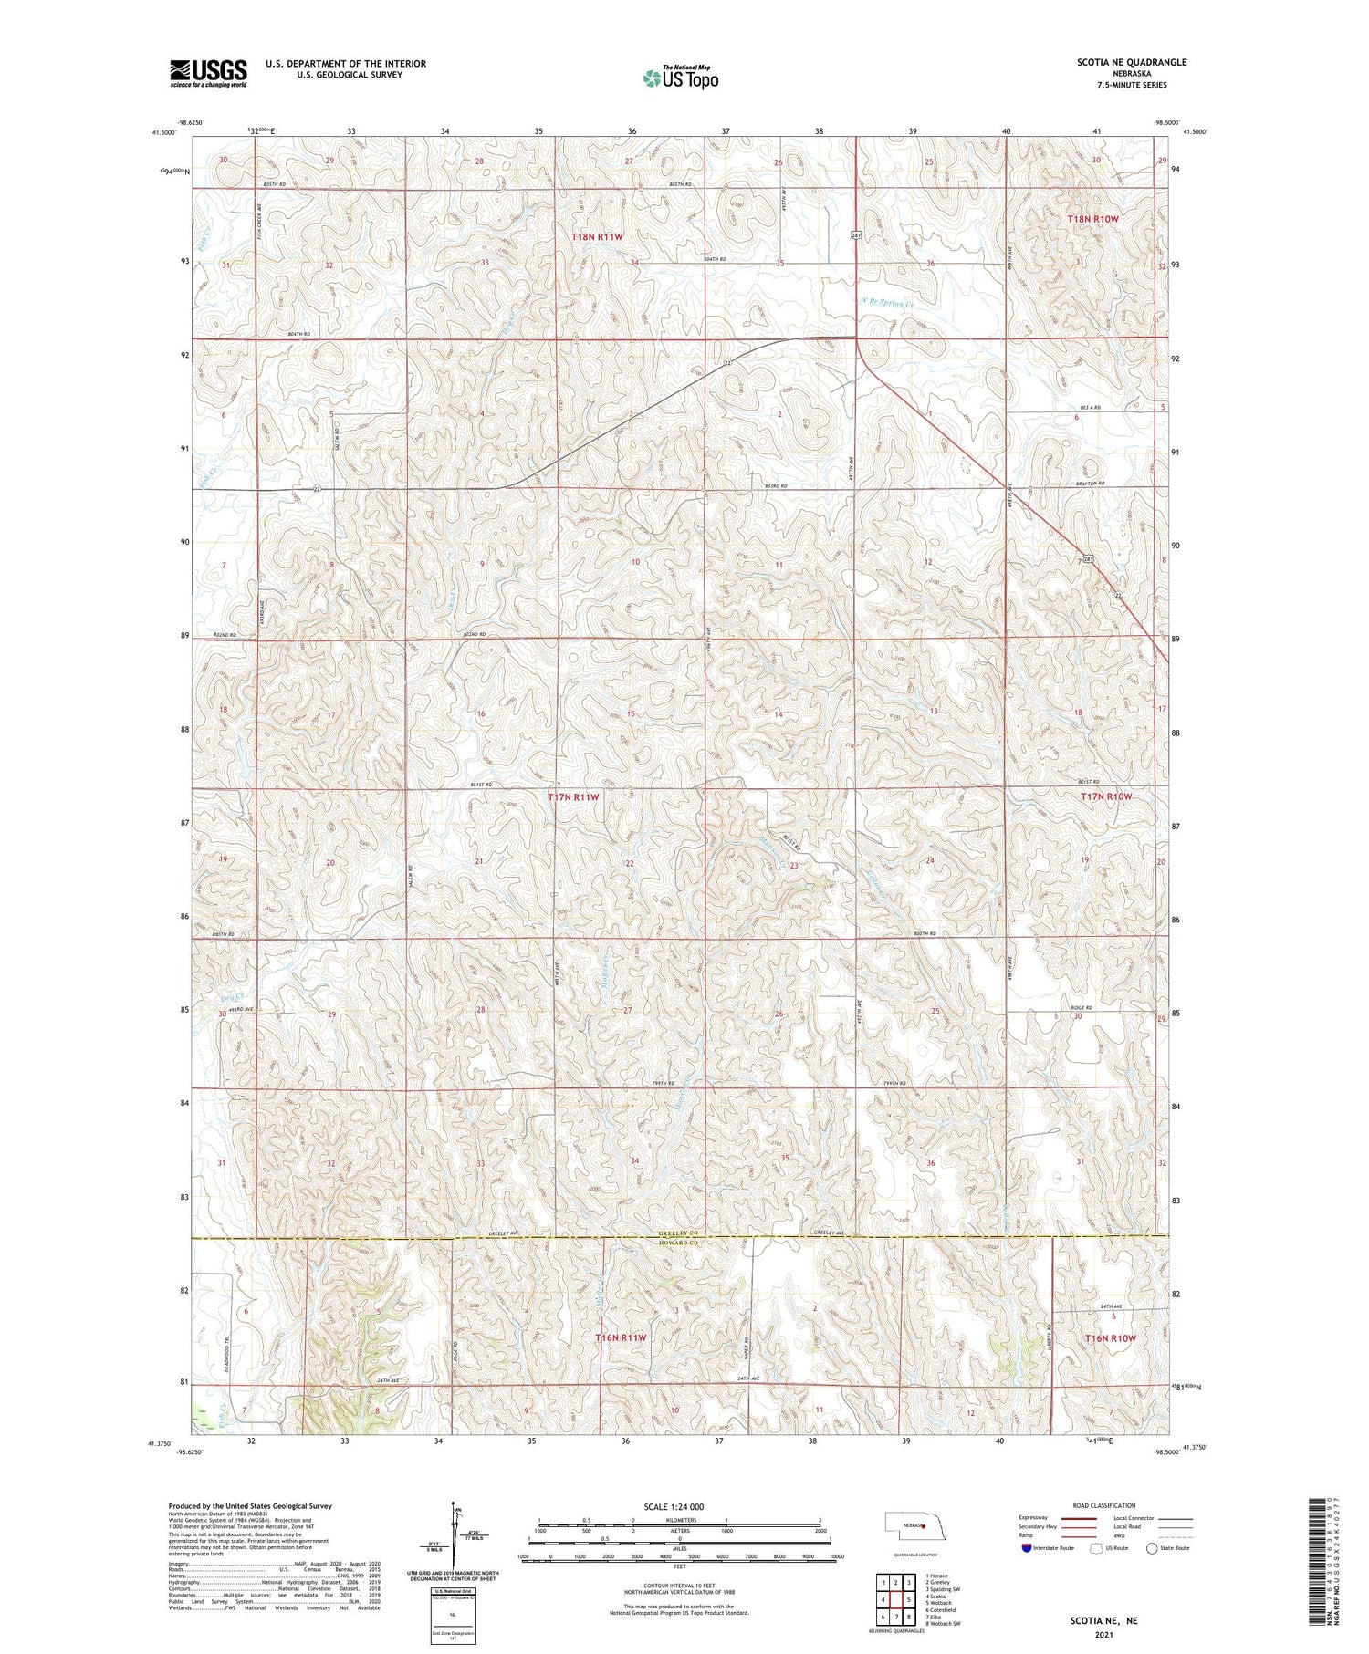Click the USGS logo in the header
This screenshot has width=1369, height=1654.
(208, 73)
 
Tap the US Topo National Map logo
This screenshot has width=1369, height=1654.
(680, 78)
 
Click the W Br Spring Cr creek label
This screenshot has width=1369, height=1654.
(886, 303)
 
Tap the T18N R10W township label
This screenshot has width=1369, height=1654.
(1092, 220)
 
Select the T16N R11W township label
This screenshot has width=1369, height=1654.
(621, 1337)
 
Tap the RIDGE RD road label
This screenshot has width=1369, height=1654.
(1081, 1008)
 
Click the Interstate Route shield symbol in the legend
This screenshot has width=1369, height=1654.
(1026, 1548)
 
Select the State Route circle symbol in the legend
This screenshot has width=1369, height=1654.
(1153, 1548)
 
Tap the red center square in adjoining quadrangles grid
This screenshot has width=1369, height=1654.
(896, 1599)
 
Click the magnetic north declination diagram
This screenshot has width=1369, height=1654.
(454, 1541)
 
